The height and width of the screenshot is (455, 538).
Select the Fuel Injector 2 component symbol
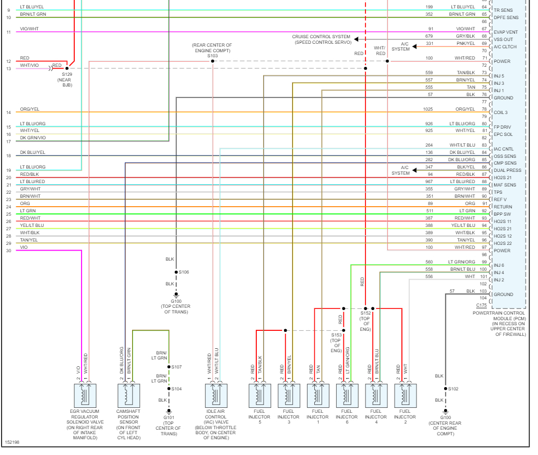click(x=405, y=395)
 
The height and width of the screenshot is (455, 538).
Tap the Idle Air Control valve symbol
click(x=216, y=395)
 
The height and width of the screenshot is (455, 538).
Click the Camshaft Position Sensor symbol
click(x=129, y=395)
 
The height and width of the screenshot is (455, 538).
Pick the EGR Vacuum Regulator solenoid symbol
click(x=85, y=395)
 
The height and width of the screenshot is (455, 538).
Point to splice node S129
click(x=67, y=68)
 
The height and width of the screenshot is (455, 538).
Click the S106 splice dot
click(x=176, y=272)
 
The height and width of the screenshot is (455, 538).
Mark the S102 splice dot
click(x=445, y=389)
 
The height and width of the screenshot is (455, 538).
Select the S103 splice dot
click(x=213, y=61)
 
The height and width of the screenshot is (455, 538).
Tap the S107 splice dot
click(x=169, y=367)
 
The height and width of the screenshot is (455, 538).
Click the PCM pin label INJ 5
click(x=499, y=76)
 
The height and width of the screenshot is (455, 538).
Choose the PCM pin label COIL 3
click(x=500, y=112)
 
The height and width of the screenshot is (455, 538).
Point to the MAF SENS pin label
click(x=504, y=185)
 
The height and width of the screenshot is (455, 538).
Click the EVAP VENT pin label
click(x=505, y=32)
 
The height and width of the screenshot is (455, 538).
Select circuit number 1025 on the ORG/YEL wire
click(x=428, y=109)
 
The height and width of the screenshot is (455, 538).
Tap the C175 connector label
click(x=481, y=305)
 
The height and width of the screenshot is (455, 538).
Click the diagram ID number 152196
click(x=12, y=443)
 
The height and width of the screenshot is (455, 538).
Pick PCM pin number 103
click(x=483, y=291)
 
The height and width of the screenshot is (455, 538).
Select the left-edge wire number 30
click(x=8, y=251)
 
